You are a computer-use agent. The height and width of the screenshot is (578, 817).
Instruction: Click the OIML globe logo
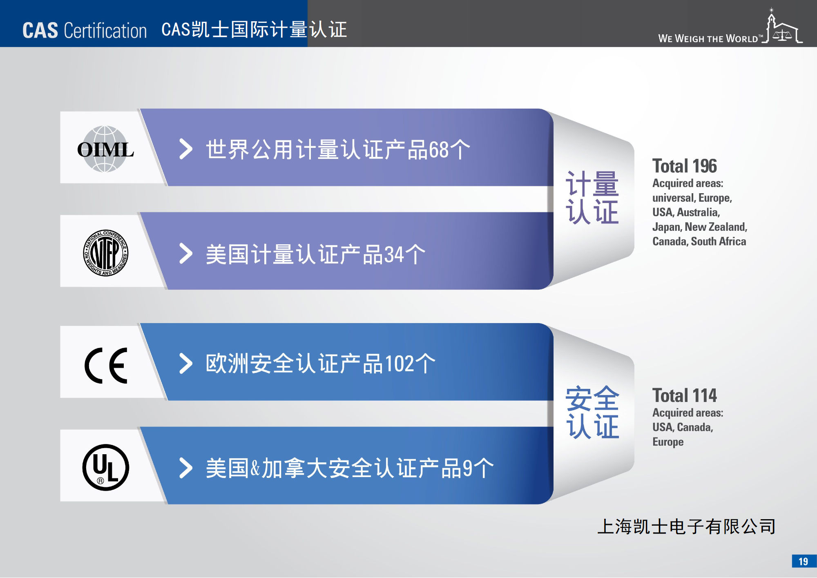[x=105, y=149]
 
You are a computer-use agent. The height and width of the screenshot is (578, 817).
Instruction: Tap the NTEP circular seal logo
[x=106, y=253]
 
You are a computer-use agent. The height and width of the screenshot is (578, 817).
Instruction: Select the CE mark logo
[x=106, y=366]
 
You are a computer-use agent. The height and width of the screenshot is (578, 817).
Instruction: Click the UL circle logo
[x=106, y=467]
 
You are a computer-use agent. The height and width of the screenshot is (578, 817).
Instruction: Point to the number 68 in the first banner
[x=438, y=150]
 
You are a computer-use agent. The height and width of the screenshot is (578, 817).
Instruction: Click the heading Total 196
[x=684, y=166]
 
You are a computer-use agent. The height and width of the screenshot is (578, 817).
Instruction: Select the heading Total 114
[x=684, y=395]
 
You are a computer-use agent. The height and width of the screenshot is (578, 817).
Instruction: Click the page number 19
[x=803, y=562]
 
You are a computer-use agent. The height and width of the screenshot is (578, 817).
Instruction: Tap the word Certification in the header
[x=105, y=31]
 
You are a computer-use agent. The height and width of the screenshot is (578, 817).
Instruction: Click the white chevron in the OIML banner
[x=186, y=149]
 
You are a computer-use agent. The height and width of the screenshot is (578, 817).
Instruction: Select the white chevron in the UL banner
[x=186, y=468]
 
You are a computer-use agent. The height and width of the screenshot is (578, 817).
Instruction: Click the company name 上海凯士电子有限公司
[x=686, y=527]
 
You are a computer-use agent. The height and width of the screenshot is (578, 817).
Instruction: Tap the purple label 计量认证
[x=592, y=198]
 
